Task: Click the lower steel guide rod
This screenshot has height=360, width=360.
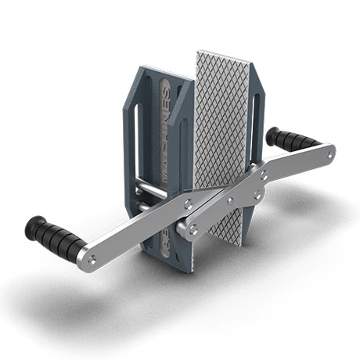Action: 149,207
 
